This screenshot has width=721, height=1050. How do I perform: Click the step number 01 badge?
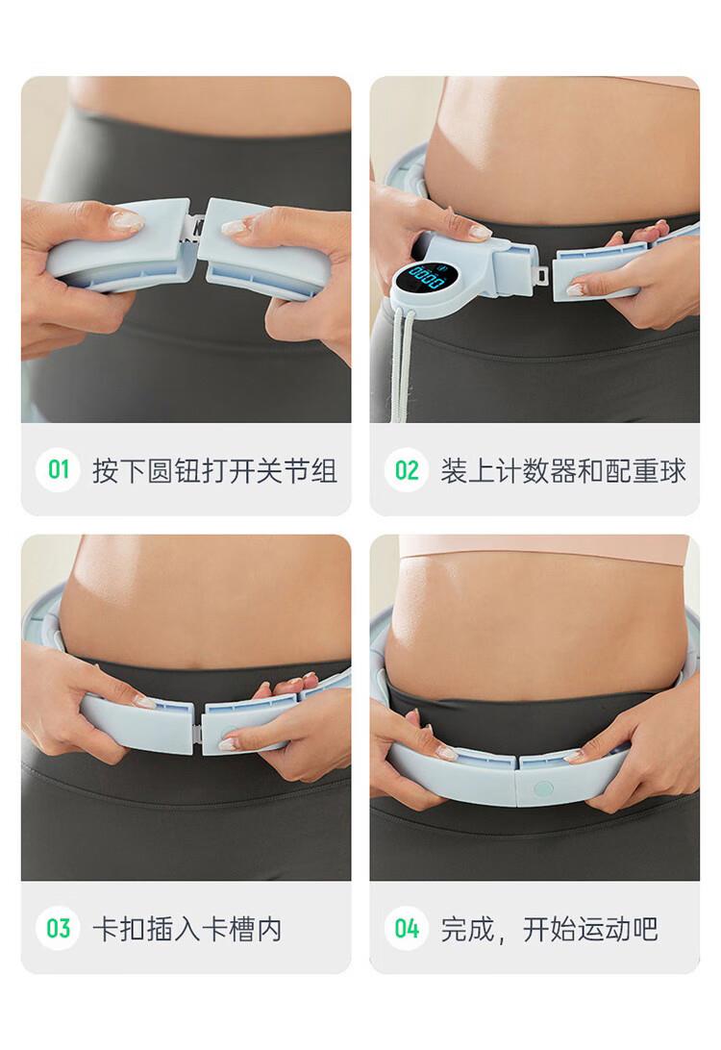click(x=59, y=470)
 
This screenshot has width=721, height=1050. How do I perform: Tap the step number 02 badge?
click(x=407, y=470)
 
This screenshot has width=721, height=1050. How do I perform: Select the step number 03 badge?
click(x=59, y=928)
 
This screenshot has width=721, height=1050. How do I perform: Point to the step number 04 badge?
click(x=407, y=928)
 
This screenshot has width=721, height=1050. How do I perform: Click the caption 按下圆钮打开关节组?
click(x=214, y=471)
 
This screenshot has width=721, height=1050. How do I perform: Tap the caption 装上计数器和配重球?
click(x=563, y=471)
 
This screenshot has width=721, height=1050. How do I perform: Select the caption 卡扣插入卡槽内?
click(x=186, y=929)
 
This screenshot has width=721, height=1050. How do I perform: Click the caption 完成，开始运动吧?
click(x=549, y=929)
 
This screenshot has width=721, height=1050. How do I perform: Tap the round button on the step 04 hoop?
click(x=543, y=789)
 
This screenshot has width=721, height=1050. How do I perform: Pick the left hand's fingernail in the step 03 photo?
click(x=145, y=702)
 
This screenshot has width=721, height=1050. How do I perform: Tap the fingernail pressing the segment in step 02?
click(x=575, y=289)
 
